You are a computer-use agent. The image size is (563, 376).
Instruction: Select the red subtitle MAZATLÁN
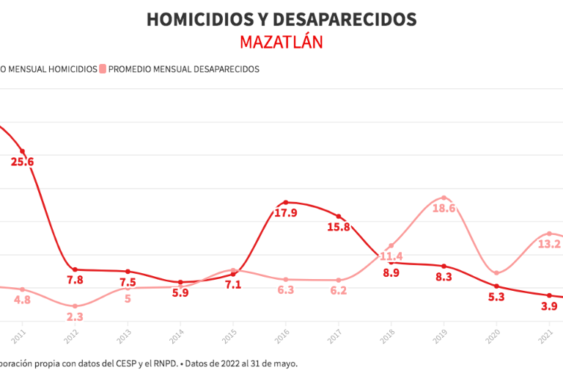click(281, 42)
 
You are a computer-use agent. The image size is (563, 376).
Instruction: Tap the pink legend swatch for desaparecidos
click(103, 69)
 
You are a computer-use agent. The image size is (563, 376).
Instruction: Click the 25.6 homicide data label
click(22, 162)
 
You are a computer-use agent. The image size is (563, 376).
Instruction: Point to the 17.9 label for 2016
click(285, 213)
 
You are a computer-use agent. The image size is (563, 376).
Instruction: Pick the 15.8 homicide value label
click(338, 227)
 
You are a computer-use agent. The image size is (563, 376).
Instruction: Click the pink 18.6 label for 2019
click(444, 209)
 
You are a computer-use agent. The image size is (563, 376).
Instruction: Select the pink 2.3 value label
click(75, 317)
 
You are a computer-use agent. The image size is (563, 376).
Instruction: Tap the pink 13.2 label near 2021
click(549, 244)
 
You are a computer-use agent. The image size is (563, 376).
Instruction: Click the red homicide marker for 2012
click(75, 270)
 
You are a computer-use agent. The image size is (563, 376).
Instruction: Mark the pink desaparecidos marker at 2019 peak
click(444, 198)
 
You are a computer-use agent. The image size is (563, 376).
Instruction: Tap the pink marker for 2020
click(496, 273)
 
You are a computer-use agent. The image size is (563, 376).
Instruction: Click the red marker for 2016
click(285, 203)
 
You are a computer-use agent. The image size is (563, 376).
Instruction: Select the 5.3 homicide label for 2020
click(496, 297)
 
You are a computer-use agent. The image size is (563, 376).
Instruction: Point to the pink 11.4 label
click(391, 256)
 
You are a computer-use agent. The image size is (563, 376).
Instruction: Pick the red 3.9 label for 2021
click(549, 306)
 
